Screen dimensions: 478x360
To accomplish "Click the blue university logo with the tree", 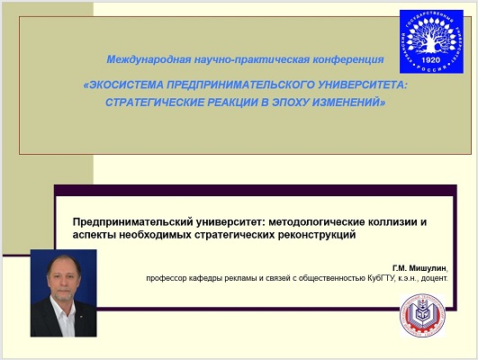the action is coord(431,41).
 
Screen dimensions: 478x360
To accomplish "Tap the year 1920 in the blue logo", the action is coord(431,59).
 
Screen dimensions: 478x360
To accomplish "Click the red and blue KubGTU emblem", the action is coord(422,316).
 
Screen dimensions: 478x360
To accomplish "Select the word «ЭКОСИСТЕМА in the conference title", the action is coord(123,85).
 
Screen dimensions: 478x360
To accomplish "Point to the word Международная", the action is coord(149,59).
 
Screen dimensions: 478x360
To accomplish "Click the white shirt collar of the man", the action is coord(63,310).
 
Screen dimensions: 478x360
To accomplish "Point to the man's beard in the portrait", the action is coord(63,292).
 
